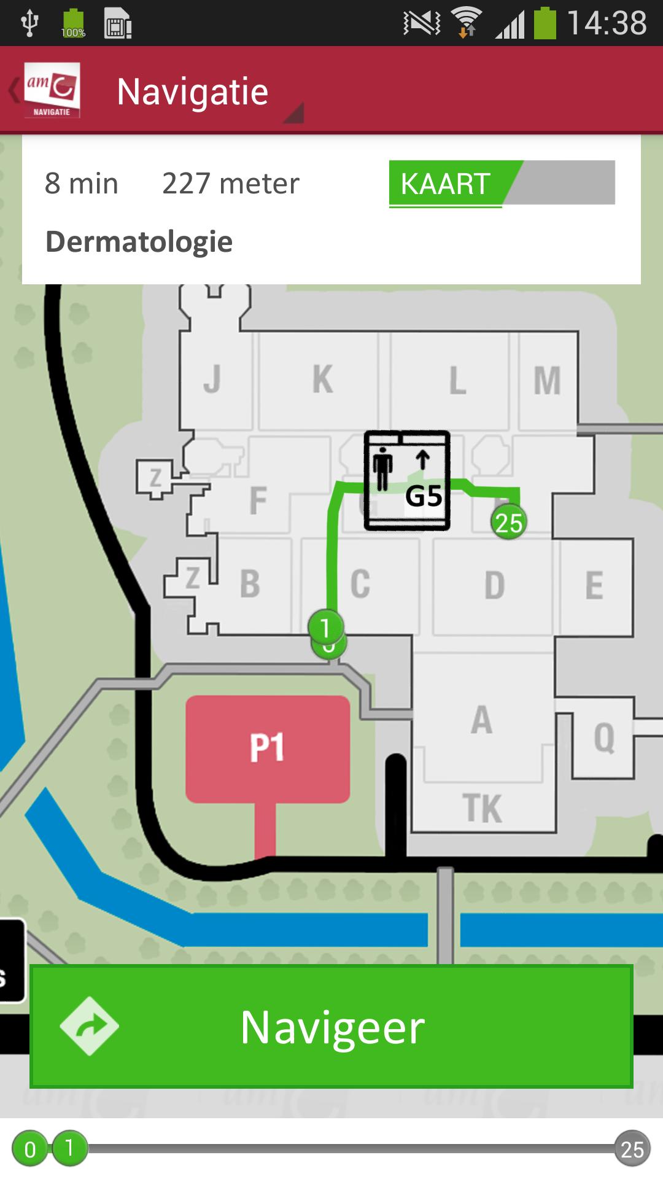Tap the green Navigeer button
coord(331,1027)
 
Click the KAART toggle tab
coord(447,184)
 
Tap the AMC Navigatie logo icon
coord(52,90)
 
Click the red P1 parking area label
coord(268,748)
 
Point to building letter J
coord(212,379)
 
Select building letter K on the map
coord(323,379)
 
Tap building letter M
coord(547,381)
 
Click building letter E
coord(594,585)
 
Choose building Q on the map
coord(604,737)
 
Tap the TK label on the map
coord(483,808)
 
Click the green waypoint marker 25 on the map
coord(509,523)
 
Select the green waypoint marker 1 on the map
coord(325,627)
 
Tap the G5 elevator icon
coord(407,480)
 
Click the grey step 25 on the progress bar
coord(632,1149)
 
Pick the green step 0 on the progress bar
coord(29,1149)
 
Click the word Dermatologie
coord(139,242)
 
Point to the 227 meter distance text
coord(231,184)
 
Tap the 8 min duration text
coord(82,184)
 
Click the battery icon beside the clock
coord(545,23)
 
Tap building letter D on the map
coord(495,585)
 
